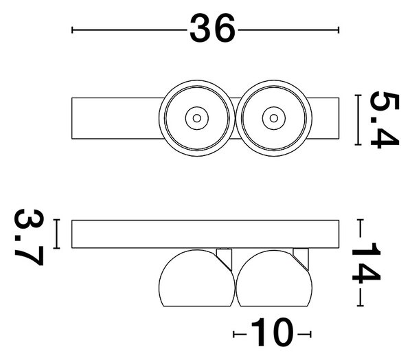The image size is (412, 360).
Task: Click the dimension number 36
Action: tap(212, 28)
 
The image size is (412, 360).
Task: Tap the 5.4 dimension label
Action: tap(385, 120)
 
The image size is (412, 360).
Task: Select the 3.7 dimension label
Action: tap(29, 237)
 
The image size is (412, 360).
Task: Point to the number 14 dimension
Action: tap(366, 263)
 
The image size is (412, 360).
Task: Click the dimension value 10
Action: tap(272, 332)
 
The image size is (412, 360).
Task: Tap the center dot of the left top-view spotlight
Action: tap(197, 118)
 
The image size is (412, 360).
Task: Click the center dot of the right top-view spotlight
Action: tap(274, 118)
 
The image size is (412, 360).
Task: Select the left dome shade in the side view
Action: tap(196, 278)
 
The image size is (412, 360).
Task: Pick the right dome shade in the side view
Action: tap(274, 278)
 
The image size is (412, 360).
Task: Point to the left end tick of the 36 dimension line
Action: tap(72, 30)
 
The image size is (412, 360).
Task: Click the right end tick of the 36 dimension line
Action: tap(339, 30)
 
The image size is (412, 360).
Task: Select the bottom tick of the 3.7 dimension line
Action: tap(56, 248)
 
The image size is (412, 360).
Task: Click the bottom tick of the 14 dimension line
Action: tap(360, 306)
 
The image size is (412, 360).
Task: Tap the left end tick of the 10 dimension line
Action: tap(234, 334)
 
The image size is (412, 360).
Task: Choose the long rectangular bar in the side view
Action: tap(205, 234)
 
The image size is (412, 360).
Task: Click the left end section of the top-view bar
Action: tap(115, 118)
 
